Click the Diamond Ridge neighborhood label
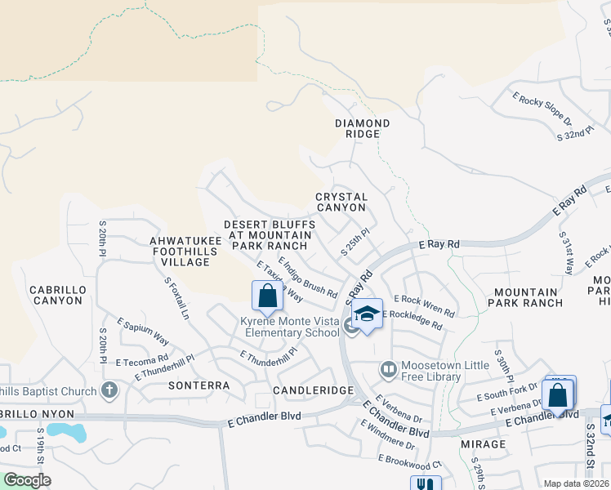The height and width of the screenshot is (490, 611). pyautogui.click(x=362, y=128)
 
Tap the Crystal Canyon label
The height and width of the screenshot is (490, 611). pyautogui.click(x=341, y=202)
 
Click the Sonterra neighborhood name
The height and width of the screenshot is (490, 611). pyautogui.click(x=194, y=384)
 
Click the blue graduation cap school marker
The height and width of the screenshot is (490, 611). pyautogui.click(x=368, y=314)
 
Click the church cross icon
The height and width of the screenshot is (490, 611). pyautogui.click(x=109, y=390)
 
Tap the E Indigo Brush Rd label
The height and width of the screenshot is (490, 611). pyautogui.click(x=308, y=277)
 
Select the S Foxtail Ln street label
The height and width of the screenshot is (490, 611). pyautogui.click(x=176, y=298)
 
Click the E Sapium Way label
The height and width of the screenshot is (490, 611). pyautogui.click(x=143, y=332)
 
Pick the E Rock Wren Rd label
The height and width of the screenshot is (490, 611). pyautogui.click(x=424, y=305)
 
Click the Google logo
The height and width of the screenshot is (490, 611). pyautogui.click(x=27, y=480)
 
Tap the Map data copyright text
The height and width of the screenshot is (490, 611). pyautogui.click(x=575, y=483)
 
